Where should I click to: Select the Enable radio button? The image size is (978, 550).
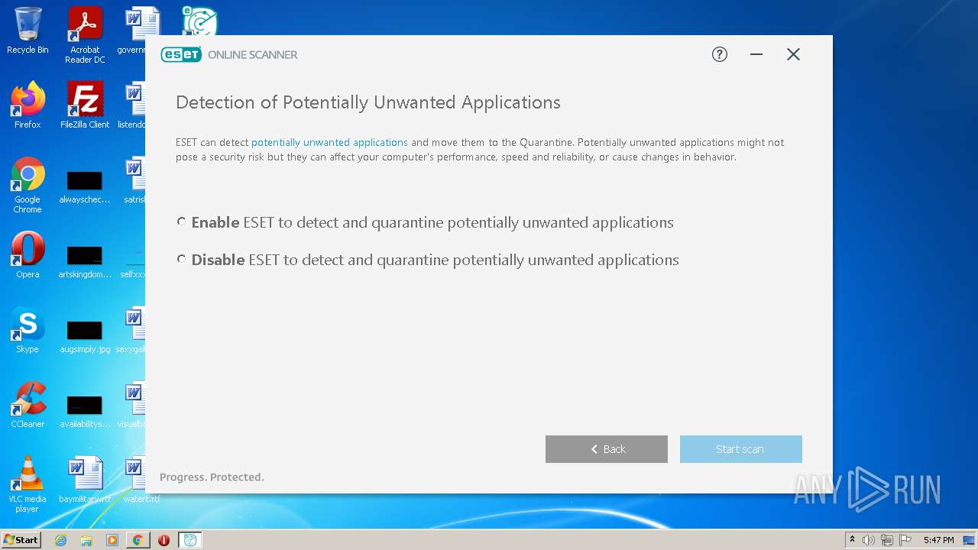pos(181,222)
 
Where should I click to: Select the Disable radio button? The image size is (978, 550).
pos(181,259)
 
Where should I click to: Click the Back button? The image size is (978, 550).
pos(607,449)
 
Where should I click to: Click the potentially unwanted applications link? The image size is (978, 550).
pos(329,142)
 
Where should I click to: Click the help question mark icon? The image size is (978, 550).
pos(720,54)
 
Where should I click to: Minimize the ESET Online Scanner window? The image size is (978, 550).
pos(756,54)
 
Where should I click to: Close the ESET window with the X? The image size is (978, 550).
pos(793,54)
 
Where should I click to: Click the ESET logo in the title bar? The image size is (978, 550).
pos(181,54)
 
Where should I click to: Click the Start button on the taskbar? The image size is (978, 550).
pos(21,540)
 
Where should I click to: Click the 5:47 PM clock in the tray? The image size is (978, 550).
pos(938,540)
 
